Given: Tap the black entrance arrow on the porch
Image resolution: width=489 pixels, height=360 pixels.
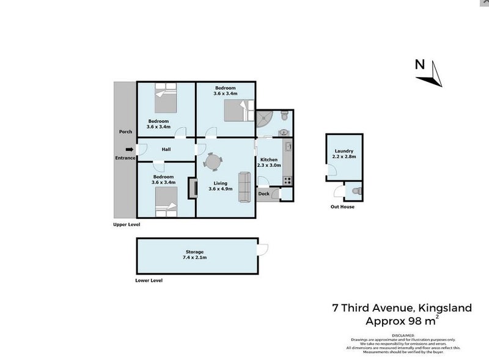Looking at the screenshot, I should (129, 149).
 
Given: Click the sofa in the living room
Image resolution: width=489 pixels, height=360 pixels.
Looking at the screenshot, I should (244, 187).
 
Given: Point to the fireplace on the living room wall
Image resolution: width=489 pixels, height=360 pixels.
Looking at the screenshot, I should (193, 188).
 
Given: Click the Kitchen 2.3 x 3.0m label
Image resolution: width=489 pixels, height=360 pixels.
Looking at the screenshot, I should (269, 162).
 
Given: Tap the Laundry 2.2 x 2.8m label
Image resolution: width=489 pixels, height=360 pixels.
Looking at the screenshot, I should (344, 154).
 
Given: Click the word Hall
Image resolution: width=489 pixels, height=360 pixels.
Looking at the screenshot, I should (166, 149).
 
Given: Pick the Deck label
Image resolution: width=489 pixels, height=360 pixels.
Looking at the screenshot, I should (263, 194).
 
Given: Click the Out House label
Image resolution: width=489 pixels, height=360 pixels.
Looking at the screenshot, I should (342, 207).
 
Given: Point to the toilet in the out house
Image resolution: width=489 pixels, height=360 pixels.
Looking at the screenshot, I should (357, 191).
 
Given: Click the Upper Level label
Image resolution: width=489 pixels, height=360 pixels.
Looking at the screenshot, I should (127, 224).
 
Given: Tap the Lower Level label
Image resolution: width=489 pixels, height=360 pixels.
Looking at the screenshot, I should (149, 281).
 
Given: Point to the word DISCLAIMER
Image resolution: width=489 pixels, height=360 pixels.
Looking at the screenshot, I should (403, 336).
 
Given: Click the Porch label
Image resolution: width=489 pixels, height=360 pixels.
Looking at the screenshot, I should (125, 131).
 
